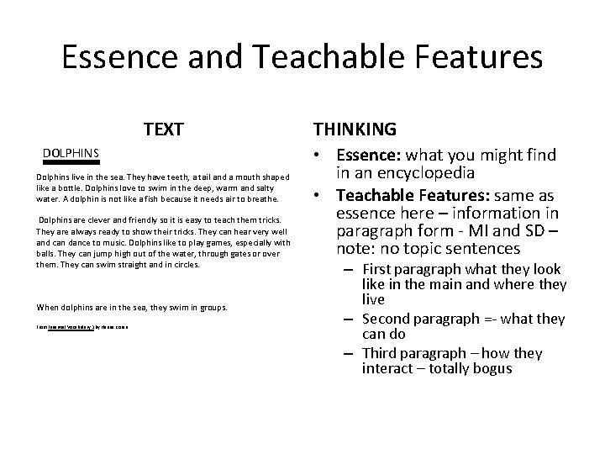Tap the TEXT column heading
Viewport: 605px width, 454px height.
tap(164, 129)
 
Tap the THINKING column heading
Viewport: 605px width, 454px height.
tap(355, 129)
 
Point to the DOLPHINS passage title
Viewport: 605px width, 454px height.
tap(71, 153)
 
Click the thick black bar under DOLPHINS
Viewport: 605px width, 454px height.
tap(71, 162)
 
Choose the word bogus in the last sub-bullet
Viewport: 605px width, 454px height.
tap(489, 369)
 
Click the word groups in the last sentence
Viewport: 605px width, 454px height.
tap(211, 308)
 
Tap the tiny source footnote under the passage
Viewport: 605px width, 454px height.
tap(87, 325)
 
